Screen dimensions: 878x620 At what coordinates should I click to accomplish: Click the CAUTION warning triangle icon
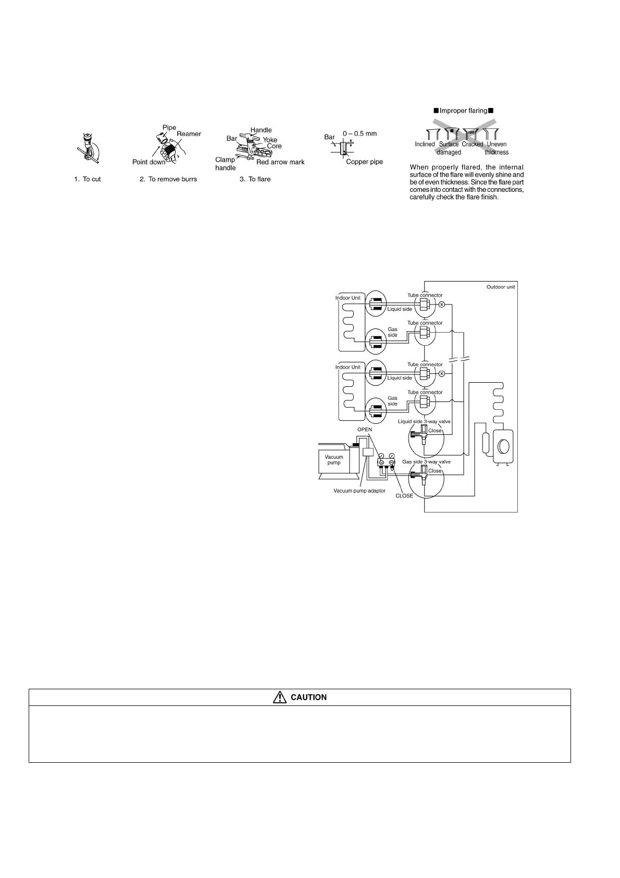point(280,697)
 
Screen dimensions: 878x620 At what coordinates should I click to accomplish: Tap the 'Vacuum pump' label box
point(334,460)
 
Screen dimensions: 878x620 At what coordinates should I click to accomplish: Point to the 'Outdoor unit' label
point(500,287)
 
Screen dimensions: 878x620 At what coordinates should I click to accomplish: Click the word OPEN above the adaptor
point(365,430)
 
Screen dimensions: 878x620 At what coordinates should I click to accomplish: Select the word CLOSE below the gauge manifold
point(404,496)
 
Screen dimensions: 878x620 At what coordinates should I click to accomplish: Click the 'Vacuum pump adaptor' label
point(359,491)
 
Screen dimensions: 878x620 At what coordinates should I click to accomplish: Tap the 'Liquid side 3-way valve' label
point(424,421)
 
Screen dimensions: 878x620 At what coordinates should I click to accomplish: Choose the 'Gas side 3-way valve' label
point(426,462)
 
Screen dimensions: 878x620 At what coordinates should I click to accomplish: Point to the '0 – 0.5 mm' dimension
point(359,134)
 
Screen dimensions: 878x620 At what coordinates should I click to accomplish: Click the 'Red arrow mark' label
point(280,162)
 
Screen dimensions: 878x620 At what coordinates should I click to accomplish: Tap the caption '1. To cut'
point(88,179)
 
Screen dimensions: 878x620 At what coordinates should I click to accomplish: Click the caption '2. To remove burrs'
point(168,179)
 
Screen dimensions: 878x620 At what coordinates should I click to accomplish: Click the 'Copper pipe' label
point(364,162)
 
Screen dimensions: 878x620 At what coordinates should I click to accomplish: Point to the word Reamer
point(189,134)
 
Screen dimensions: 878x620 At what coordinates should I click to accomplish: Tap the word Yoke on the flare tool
point(270,140)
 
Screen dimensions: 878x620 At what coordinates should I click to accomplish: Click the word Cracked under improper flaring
point(472,144)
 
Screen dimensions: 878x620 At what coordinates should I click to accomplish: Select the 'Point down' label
point(148,162)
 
